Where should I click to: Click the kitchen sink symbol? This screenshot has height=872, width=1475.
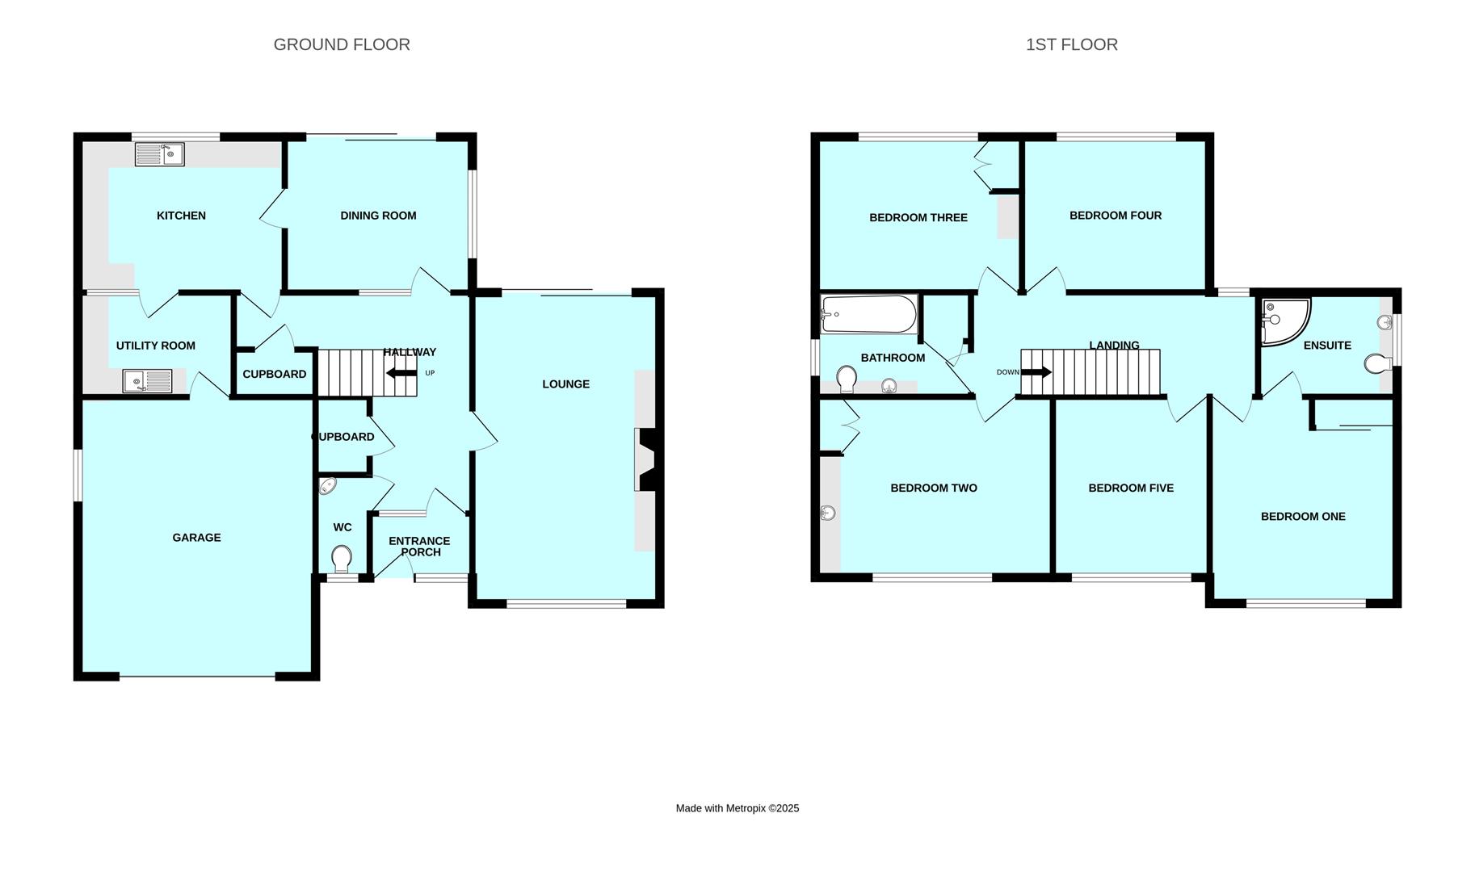click(160, 154)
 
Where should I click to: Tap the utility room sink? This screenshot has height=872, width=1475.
click(147, 381)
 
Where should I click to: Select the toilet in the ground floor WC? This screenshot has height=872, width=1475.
click(342, 558)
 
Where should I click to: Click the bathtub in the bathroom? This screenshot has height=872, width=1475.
click(869, 314)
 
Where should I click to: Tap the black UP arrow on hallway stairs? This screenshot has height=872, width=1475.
click(401, 373)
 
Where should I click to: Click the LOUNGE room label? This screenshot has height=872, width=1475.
click(565, 384)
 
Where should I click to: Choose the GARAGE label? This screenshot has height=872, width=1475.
click(196, 538)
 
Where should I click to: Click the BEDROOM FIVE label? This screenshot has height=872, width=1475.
click(1130, 488)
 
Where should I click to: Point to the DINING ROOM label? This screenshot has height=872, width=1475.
click(378, 216)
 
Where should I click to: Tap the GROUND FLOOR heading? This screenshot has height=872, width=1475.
click(342, 45)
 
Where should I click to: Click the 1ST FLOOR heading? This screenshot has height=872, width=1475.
click(1071, 45)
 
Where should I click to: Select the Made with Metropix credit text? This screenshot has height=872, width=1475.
click(737, 808)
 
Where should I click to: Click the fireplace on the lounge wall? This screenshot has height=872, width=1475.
click(646, 460)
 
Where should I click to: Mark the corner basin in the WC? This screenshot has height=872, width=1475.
click(327, 486)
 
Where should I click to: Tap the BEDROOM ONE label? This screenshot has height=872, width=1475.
click(1302, 517)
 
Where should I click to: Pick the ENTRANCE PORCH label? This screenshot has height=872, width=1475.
click(419, 547)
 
